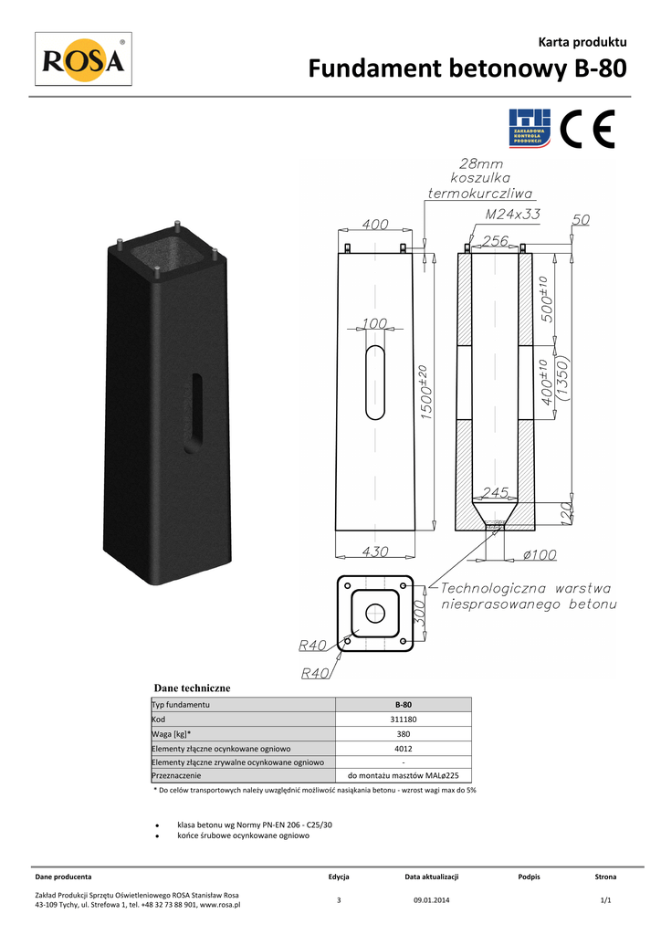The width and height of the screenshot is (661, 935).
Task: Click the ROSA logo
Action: [x=83, y=59]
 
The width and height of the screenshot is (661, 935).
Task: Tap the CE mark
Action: [x=587, y=128]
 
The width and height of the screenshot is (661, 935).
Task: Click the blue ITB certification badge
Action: [x=530, y=128]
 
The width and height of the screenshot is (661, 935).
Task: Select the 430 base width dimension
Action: [x=375, y=552]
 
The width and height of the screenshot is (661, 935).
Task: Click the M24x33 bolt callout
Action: [x=512, y=214]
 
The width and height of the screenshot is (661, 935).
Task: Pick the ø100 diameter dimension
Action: [x=540, y=554]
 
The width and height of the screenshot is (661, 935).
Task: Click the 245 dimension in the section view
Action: [x=496, y=492]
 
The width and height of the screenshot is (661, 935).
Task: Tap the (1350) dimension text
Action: [x=563, y=379]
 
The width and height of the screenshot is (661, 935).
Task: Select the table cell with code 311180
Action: [x=404, y=720]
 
